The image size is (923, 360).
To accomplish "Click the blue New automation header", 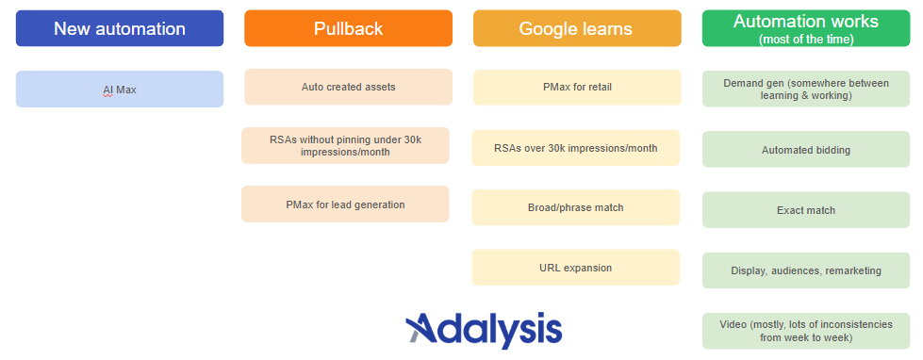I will pyautogui.click(x=120, y=28).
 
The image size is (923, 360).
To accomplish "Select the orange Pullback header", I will pyautogui.click(x=348, y=28).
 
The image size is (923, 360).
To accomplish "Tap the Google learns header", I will pyautogui.click(x=576, y=28).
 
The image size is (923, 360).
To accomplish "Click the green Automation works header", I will pyautogui.click(x=805, y=27).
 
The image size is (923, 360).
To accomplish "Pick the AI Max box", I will pyautogui.click(x=120, y=90).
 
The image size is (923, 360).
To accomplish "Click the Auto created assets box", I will pyautogui.click(x=348, y=87).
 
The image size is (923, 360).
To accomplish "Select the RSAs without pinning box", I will pyautogui.click(x=345, y=145).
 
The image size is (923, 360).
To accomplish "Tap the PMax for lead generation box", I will pyautogui.click(x=345, y=205).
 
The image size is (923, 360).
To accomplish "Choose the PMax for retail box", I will pyautogui.click(x=576, y=88).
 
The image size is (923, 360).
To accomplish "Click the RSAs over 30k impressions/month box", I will pyautogui.click(x=575, y=148).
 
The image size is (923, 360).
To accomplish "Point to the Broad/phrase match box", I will pyautogui.click(x=575, y=207).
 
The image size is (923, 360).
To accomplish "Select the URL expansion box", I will pyautogui.click(x=575, y=268).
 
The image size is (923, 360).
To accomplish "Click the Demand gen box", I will pyautogui.click(x=805, y=89).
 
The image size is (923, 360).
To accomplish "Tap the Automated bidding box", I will pyautogui.click(x=805, y=150).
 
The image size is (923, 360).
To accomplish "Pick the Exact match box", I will pyautogui.click(x=805, y=210).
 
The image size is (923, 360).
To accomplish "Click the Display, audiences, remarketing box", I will pyautogui.click(x=805, y=270).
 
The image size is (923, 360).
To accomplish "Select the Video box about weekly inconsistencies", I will pyautogui.click(x=805, y=331).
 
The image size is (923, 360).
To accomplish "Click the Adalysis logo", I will pyautogui.click(x=484, y=329).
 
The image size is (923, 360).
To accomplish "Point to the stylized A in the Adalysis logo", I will pyautogui.click(x=422, y=329).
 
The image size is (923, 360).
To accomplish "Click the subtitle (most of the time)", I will pyautogui.click(x=805, y=40).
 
